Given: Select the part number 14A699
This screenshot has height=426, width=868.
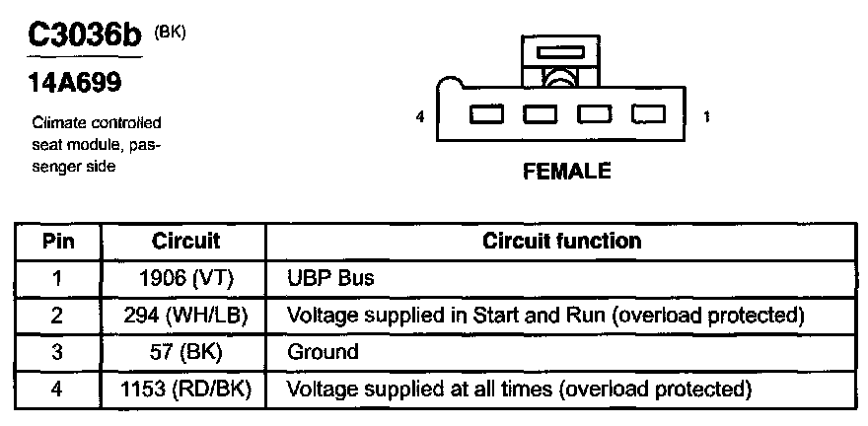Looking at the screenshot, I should [x=73, y=84].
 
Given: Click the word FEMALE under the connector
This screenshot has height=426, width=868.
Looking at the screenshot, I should [x=566, y=172].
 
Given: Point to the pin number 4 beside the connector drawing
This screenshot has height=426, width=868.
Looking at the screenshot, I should [x=420, y=116].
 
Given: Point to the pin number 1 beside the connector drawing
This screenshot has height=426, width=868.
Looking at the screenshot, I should [x=706, y=116].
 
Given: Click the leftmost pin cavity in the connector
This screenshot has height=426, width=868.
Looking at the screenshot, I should [x=484, y=114].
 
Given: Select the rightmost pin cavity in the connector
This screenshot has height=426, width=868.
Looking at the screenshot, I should [x=648, y=114].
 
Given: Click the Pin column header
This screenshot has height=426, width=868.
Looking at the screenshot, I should [x=57, y=242].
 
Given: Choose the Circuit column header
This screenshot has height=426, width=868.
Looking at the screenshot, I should [x=185, y=242].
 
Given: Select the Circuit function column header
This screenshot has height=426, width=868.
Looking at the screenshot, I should [x=561, y=242].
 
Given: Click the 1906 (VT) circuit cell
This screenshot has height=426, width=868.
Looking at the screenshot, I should [x=186, y=279].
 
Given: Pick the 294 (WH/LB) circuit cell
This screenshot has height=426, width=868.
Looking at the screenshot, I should [x=186, y=316].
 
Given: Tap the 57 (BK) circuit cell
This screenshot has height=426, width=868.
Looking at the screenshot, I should [x=186, y=352].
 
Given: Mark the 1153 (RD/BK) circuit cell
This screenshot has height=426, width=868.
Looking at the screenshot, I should [x=186, y=389].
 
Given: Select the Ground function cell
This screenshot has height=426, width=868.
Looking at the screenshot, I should [x=323, y=352].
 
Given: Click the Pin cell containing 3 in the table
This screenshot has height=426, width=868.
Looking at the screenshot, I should [x=57, y=352].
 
